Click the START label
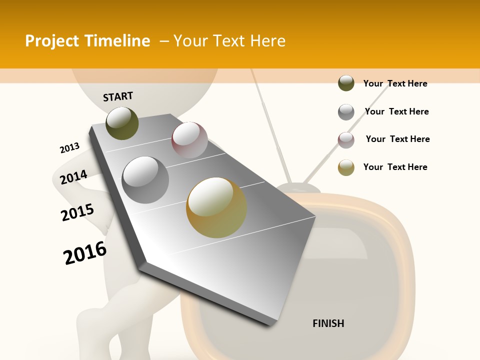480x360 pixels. click(118, 96)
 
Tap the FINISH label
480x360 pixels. click(328, 323)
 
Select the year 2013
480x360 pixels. click(69, 147)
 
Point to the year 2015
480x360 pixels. click(77, 212)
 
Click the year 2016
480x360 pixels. click(85, 253)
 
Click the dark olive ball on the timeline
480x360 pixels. click(122, 123)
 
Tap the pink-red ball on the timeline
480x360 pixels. click(189, 139)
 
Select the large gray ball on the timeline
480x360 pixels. click(145, 179)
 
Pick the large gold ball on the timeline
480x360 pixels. click(216, 207)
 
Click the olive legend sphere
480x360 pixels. click(346, 83)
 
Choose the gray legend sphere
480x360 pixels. click(346, 112)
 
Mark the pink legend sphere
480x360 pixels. click(346, 139)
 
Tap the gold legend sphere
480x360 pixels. click(346, 167)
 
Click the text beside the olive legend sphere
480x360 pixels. click(395, 83)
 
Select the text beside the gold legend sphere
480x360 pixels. click(395, 167)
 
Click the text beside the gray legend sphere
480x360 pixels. click(396, 111)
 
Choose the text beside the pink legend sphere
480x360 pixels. click(397, 139)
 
